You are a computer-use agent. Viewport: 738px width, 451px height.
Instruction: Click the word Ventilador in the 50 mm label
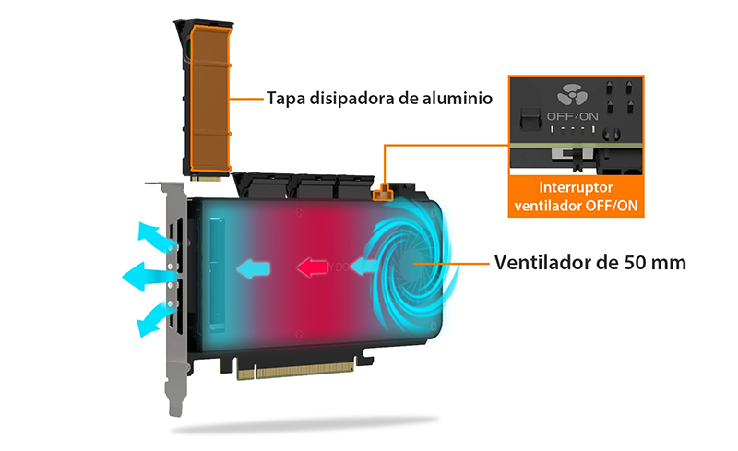(x=540, y=262)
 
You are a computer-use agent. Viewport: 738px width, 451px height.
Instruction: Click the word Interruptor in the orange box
(x=576, y=187)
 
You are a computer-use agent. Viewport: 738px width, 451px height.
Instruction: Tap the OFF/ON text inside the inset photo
(x=572, y=116)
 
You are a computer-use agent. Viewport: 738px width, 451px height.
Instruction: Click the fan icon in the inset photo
(x=572, y=96)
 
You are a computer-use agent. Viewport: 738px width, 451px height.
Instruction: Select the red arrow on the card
(x=312, y=267)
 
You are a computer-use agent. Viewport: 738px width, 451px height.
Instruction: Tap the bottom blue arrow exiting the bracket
(x=154, y=319)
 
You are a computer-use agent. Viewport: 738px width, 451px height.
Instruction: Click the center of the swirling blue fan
(x=412, y=264)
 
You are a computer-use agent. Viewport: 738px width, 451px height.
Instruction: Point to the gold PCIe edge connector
(x=295, y=370)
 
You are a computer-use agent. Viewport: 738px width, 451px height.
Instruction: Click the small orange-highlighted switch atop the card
(x=383, y=192)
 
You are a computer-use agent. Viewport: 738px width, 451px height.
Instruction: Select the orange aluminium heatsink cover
(x=211, y=99)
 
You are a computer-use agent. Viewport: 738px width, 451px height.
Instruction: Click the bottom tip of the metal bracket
(x=175, y=414)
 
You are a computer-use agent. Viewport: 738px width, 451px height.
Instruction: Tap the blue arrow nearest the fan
(x=363, y=266)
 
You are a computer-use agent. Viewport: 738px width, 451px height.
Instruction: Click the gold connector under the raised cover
(x=205, y=178)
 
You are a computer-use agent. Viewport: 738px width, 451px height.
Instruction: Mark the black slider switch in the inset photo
(x=530, y=119)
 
